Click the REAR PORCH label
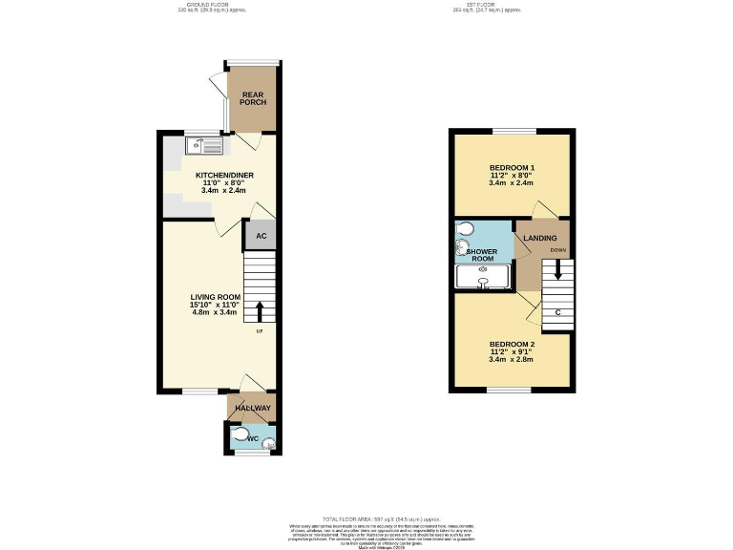point(253,98)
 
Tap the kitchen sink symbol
point(204,145)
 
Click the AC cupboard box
point(260,234)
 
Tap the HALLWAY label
point(253,409)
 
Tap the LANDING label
point(539,238)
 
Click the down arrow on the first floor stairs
point(558,271)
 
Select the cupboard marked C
point(556,312)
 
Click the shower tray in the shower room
point(484,277)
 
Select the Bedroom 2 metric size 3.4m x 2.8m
point(512,360)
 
